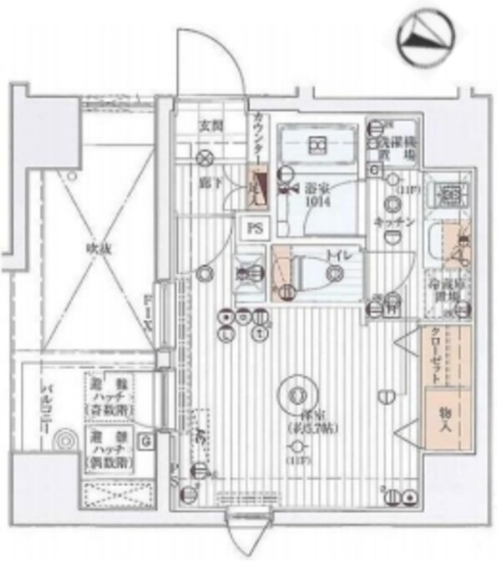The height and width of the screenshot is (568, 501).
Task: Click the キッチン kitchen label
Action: [389, 223]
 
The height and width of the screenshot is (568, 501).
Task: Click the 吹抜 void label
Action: [97, 247]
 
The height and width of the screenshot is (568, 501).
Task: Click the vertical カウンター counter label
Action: [257, 140]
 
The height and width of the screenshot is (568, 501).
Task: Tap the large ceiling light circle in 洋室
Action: [295, 392]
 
